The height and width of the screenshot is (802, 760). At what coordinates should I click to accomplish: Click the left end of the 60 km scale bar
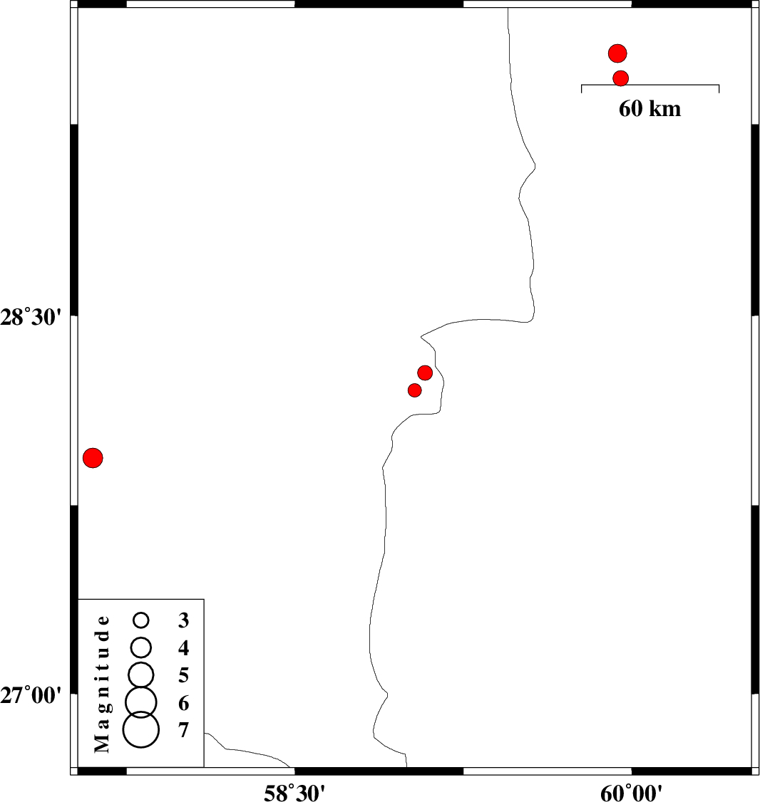(x=581, y=85)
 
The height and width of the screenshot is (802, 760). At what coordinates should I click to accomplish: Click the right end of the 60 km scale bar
(x=719, y=85)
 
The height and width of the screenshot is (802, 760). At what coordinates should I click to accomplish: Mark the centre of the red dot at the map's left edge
(x=93, y=458)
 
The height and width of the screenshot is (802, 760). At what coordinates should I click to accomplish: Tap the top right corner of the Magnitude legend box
(x=204, y=599)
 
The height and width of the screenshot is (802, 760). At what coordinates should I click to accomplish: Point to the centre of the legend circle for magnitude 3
(x=141, y=620)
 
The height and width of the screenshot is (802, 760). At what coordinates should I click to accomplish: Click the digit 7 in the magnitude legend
(x=183, y=730)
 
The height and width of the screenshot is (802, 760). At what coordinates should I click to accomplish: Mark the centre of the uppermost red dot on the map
(x=617, y=53)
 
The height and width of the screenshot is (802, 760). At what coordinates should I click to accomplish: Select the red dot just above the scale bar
(x=621, y=78)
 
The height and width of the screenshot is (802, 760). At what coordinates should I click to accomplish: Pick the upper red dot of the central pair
(x=425, y=373)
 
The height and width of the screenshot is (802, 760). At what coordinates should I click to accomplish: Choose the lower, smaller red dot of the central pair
(x=415, y=390)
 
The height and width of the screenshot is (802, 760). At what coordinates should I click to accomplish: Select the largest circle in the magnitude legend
(x=141, y=730)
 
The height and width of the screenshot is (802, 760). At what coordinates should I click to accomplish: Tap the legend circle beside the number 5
(x=141, y=675)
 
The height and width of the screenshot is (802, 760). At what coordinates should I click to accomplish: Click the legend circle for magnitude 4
(x=141, y=647)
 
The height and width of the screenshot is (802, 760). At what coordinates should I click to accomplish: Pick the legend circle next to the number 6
(x=141, y=702)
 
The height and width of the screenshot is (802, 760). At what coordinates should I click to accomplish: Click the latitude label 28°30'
(x=31, y=318)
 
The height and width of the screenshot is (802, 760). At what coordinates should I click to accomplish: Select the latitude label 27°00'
(x=31, y=696)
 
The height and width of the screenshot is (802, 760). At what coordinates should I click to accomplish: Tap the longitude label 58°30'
(x=294, y=793)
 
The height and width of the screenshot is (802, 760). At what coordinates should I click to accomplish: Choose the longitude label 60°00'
(x=632, y=793)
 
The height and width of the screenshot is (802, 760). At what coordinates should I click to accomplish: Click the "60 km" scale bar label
(x=650, y=108)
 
